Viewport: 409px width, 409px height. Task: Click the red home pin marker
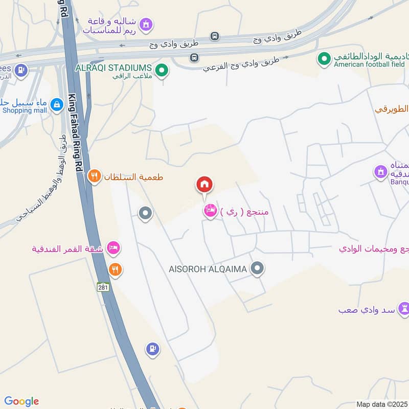(x=204, y=185)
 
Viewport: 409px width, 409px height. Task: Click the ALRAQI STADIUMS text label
(x=113, y=68)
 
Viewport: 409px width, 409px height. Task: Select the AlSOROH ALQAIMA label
(x=208, y=268)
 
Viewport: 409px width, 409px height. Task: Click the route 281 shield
(x=104, y=287)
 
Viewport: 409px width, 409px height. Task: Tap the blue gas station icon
(x=152, y=349)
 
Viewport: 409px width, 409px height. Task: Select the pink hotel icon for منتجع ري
(x=210, y=210)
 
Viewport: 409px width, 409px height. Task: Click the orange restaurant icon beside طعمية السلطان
(x=94, y=177)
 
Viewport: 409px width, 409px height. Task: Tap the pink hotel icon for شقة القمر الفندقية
(x=114, y=248)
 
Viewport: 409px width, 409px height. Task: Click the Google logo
(x=21, y=401)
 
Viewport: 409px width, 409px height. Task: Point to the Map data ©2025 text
(x=382, y=404)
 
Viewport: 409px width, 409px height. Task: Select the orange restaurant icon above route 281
(x=116, y=269)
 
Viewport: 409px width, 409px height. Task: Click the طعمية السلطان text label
(x=134, y=177)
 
